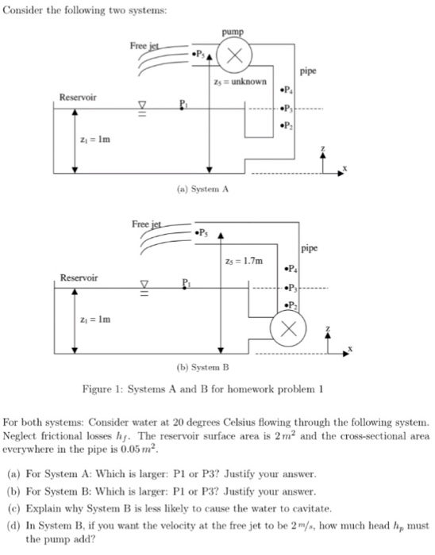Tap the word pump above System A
[x=235, y=32]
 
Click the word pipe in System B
[x=309, y=247]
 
